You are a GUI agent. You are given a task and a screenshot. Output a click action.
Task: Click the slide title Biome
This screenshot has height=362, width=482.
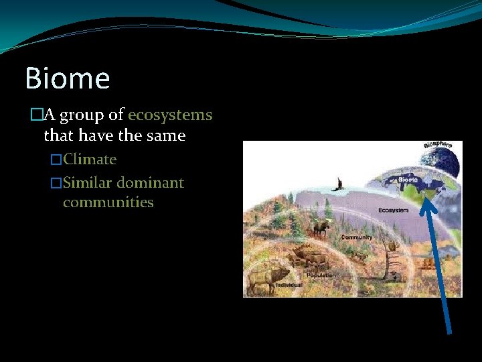pyautogui.click(x=67, y=78)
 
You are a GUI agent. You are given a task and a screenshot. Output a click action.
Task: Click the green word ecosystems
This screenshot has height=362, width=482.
pyautogui.click(x=170, y=115)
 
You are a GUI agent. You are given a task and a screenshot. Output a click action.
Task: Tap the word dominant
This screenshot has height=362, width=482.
pyautogui.click(x=151, y=183)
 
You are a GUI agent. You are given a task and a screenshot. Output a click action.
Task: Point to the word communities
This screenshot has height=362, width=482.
pyautogui.click(x=108, y=202)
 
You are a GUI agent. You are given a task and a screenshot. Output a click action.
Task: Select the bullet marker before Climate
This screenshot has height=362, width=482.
pyautogui.click(x=56, y=160)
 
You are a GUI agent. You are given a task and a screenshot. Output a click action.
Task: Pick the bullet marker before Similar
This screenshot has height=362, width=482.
pyautogui.click(x=56, y=184)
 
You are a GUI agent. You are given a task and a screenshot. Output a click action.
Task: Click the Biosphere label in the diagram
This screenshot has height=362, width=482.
pyautogui.click(x=438, y=145)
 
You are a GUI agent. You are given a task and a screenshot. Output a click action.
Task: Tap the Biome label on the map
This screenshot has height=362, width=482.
pyautogui.click(x=408, y=180)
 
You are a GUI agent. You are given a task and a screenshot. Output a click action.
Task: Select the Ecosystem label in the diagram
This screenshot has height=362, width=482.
pyautogui.click(x=393, y=210)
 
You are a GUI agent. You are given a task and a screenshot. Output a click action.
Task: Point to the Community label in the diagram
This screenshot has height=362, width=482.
pyautogui.click(x=357, y=237)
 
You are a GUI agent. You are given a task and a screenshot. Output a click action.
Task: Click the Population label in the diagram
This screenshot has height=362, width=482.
pyautogui.click(x=321, y=276)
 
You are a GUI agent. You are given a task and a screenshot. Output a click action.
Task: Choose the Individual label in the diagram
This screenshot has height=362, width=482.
pyautogui.click(x=289, y=286)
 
